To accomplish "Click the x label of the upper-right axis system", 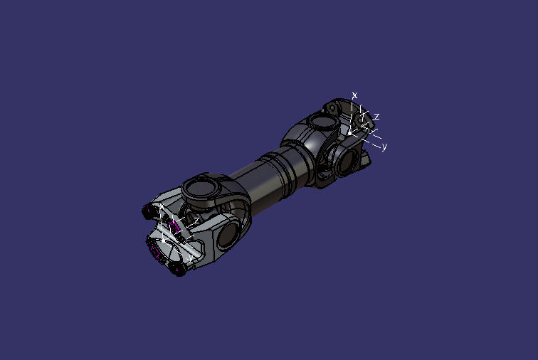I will click(x=354, y=95).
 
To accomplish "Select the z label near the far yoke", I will click(x=376, y=116).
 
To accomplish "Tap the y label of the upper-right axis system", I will click(x=384, y=147).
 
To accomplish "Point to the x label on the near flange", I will click(x=162, y=206).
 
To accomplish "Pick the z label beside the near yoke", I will click(x=196, y=221).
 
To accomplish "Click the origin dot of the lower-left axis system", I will click(x=166, y=241).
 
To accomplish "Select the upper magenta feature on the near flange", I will click(x=174, y=226).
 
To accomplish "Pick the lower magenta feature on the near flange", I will click(x=156, y=250).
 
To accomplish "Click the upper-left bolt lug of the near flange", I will click(x=149, y=211).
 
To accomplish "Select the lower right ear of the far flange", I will click(x=365, y=164).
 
